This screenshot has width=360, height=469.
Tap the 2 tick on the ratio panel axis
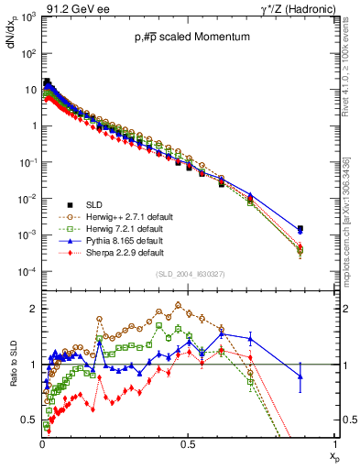click(34, 309)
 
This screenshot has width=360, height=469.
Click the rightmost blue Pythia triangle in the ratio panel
click(300, 376)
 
